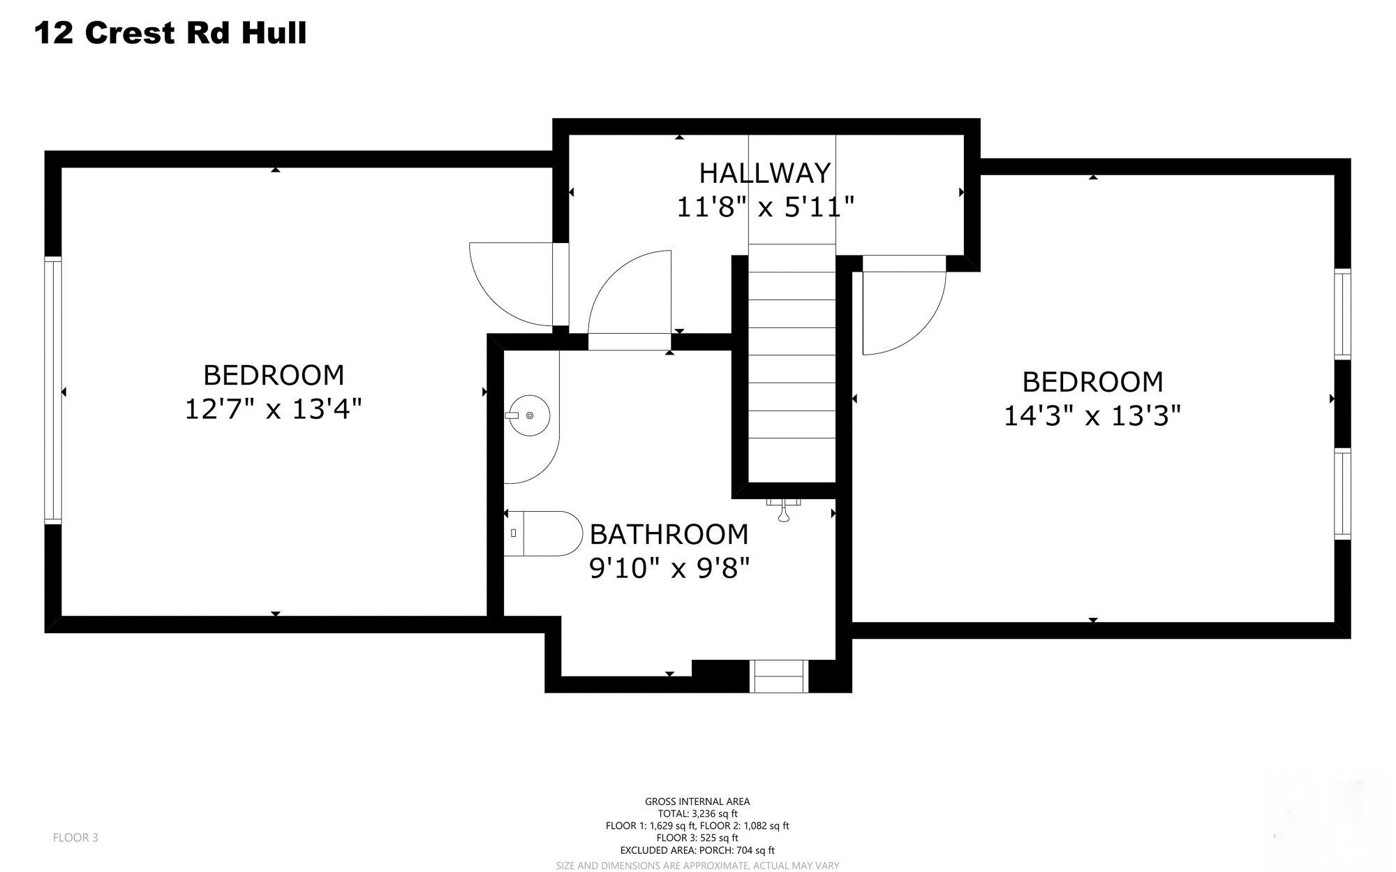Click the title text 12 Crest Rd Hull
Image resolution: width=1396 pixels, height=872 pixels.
tap(170, 33)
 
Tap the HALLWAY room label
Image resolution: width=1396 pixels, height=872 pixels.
tap(765, 172)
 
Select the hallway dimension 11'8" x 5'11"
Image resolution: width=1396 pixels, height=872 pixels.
tap(766, 207)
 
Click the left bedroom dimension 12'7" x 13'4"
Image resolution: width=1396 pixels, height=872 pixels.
tap(273, 408)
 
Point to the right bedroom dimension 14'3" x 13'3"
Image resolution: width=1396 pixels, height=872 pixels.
tap(1092, 416)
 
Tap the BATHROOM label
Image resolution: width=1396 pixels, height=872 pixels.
tap(669, 534)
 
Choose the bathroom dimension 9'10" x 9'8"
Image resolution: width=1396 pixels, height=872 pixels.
tap(669, 568)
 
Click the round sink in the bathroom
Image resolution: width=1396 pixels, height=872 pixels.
tap(529, 415)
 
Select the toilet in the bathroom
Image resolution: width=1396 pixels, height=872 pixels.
tap(544, 533)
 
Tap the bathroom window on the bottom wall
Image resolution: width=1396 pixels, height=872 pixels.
tap(779, 677)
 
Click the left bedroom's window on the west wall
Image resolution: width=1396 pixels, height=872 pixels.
tap(53, 390)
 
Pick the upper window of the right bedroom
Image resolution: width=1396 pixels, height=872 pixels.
tap(1342, 314)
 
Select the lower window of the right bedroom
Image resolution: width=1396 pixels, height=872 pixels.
tap(1342, 494)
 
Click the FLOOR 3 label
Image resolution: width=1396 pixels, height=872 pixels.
tap(75, 837)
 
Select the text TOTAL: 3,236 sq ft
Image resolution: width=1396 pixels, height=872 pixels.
tap(697, 813)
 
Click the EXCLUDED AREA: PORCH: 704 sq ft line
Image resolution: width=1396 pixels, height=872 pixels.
tap(697, 850)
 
